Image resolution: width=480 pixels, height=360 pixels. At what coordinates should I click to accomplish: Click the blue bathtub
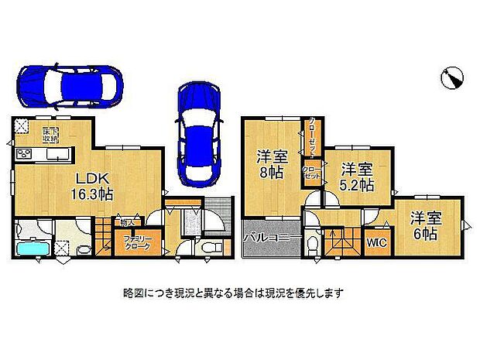[34, 249]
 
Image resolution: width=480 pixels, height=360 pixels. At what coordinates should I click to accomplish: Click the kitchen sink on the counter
[54, 155]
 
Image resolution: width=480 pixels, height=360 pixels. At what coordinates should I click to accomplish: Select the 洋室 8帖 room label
[271, 164]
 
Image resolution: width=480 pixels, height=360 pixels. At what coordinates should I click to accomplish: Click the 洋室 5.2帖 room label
[357, 177]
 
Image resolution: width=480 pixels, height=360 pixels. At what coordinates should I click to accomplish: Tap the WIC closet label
[377, 243]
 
